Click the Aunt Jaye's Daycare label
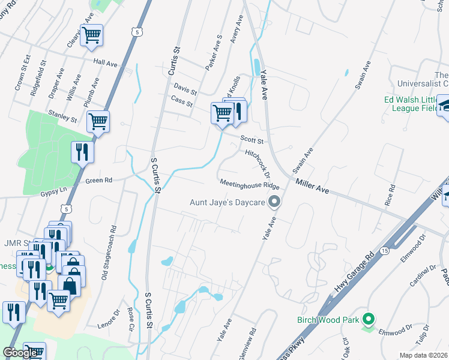[228, 202]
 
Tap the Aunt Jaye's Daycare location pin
[274, 202]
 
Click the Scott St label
[252, 140]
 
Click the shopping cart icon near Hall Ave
[92, 35]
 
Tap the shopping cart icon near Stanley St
[98, 121]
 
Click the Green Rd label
[99, 179]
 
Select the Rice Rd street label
[391, 195]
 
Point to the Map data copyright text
[424, 355]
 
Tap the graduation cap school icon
[444, 106]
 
